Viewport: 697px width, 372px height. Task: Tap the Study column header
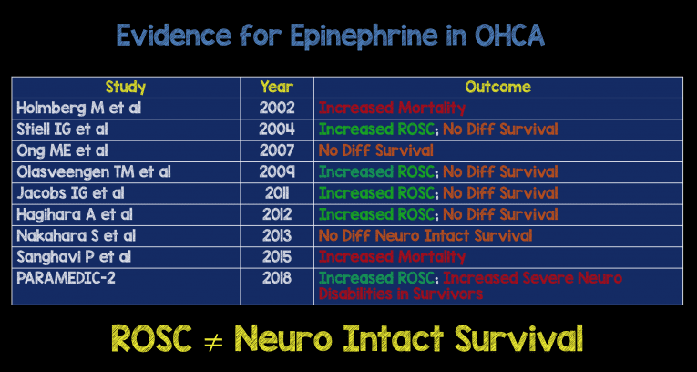pos(125,88)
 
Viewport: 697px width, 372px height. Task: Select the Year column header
pos(276,88)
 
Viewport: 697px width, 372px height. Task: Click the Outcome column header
pos(497,88)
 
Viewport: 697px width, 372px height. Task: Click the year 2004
pos(276,129)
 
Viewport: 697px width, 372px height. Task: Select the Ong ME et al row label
pos(62,150)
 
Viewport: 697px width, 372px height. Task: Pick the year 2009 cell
pos(276,171)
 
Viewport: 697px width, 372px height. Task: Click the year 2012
pos(276,214)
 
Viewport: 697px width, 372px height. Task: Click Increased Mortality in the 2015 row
pos(392,257)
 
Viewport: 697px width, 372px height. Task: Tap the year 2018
pos(276,277)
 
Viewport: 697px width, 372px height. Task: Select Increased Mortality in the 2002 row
pos(392,108)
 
